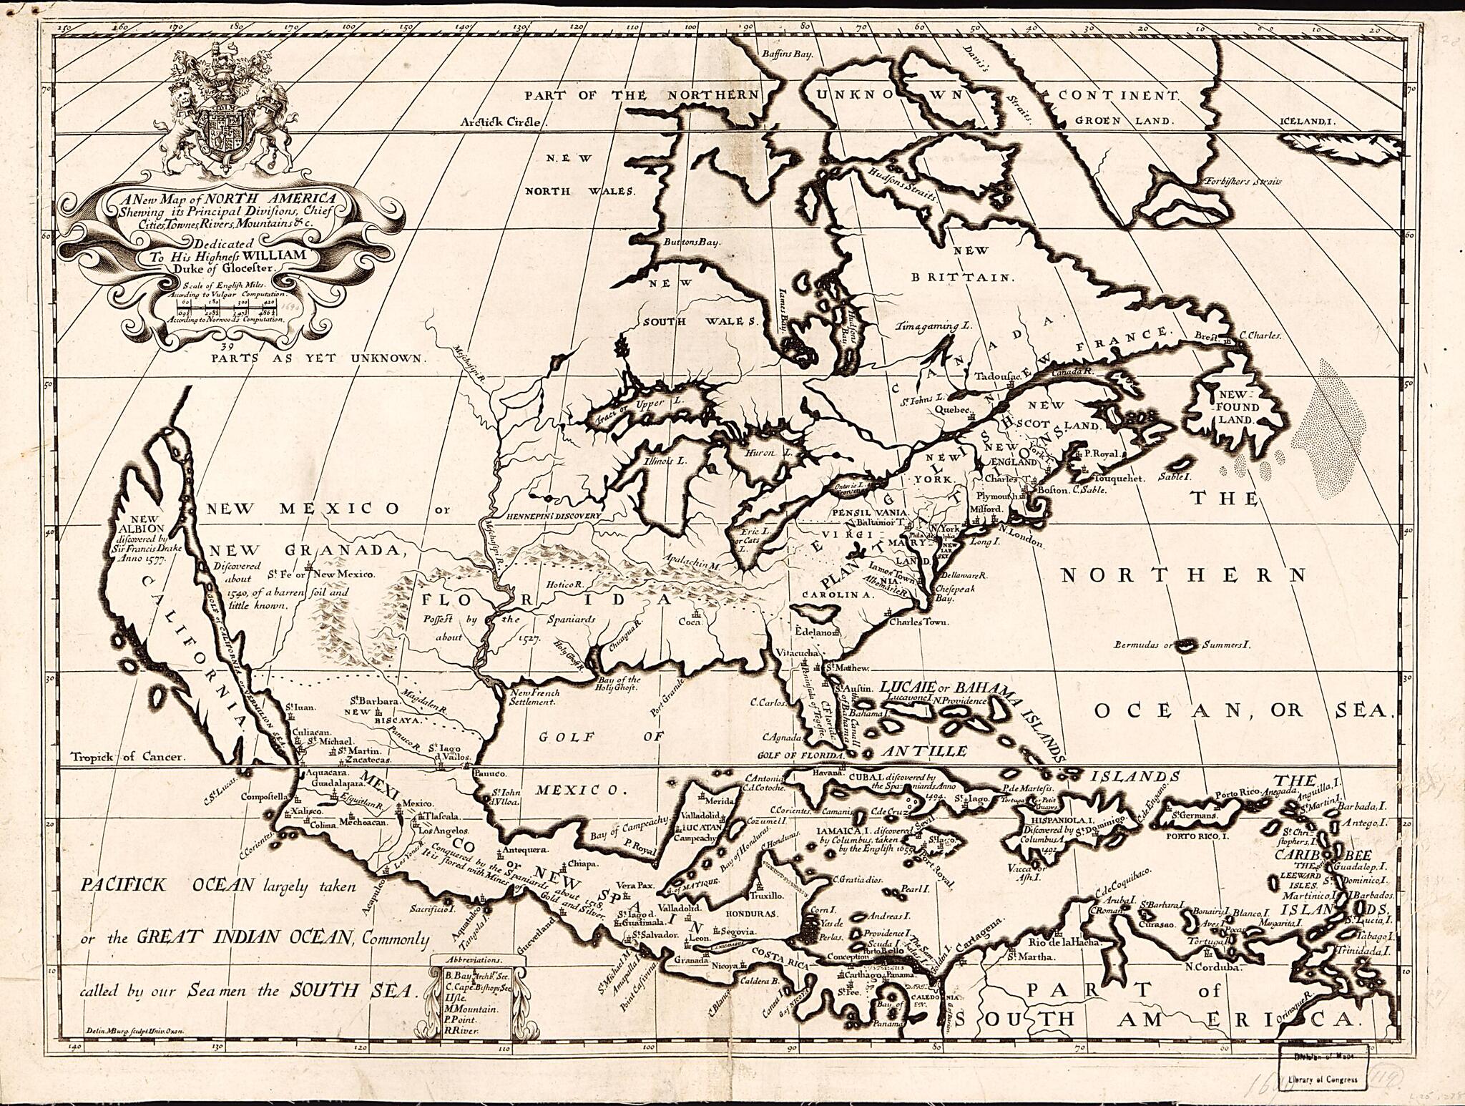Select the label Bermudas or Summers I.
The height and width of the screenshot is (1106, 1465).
click(1180, 645)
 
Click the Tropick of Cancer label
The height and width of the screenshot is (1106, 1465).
click(128, 756)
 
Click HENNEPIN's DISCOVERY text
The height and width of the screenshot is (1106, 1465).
click(552, 515)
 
